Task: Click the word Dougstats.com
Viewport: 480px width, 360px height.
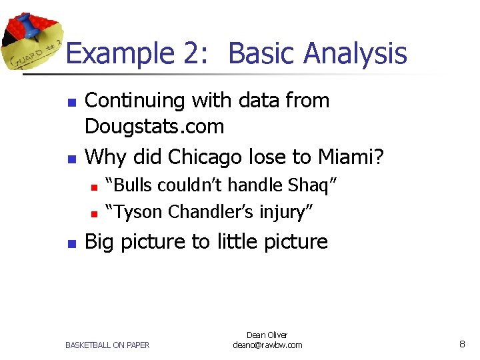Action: (155, 126)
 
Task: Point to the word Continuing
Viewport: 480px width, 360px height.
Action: (136, 101)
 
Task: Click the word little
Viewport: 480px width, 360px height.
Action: (235, 241)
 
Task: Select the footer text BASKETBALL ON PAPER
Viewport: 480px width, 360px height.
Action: (107, 345)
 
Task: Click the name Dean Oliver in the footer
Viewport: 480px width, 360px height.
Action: (267, 335)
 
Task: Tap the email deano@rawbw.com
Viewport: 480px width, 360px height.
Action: (267, 345)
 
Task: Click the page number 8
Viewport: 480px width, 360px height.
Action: (462, 344)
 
